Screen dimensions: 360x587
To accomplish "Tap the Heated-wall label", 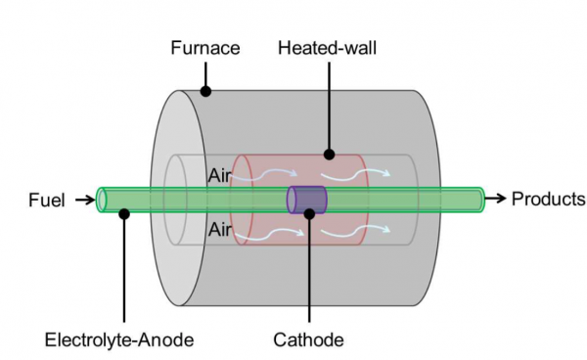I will coord(329,46).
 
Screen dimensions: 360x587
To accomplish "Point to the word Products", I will coord(548,199).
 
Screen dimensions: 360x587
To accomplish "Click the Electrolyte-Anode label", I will coord(118,340).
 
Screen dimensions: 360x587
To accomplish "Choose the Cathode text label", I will coord(309,340).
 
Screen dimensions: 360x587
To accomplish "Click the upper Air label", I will coord(220,176).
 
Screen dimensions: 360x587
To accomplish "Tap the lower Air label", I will coord(220,229).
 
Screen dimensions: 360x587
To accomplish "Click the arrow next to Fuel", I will coord(84,201).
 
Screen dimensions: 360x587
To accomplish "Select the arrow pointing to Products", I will coord(498,199).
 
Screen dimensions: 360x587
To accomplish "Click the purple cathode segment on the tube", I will coord(306,200).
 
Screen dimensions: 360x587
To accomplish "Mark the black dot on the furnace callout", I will coord(204,92).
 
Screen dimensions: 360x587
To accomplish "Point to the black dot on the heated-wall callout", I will coord(329,155).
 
